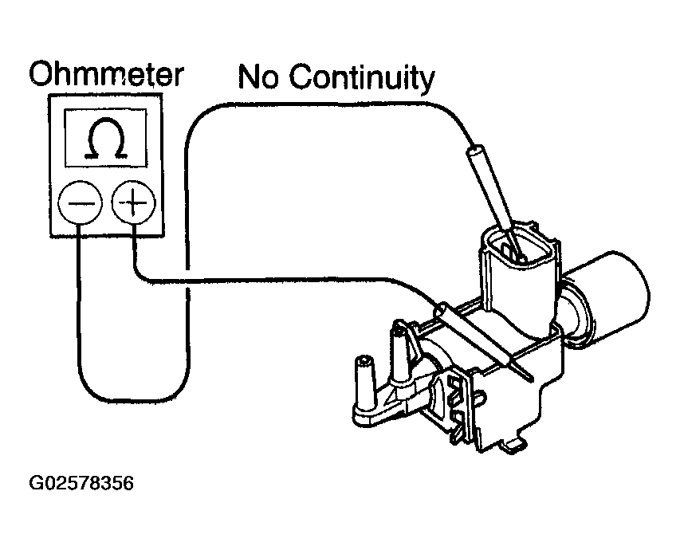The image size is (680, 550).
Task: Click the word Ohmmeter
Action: coord(106,75)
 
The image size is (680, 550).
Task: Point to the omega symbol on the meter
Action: coord(106,139)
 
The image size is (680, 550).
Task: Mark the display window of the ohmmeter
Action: coord(106,139)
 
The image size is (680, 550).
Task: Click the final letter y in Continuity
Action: coord(427,81)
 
